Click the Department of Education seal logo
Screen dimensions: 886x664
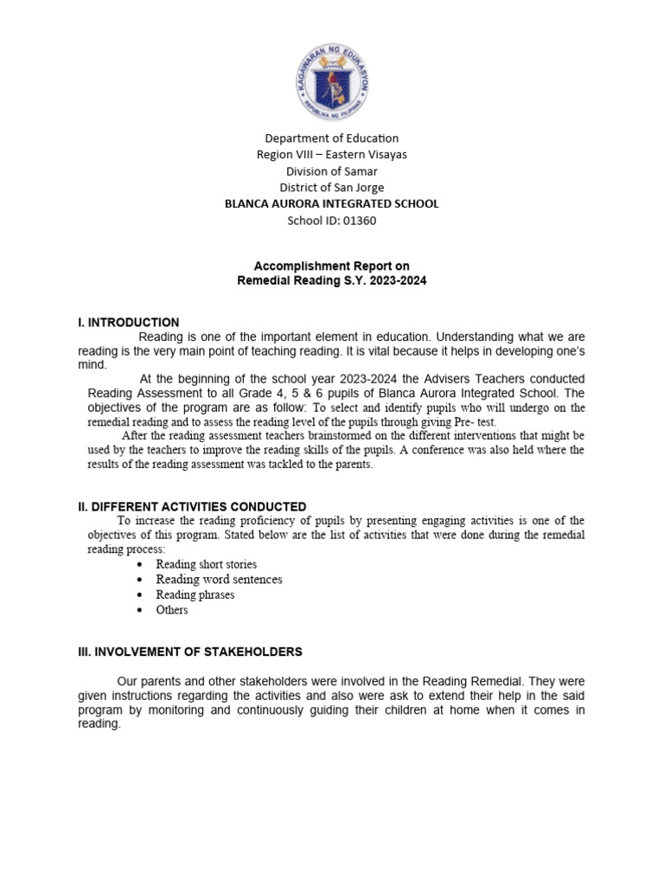pyautogui.click(x=332, y=81)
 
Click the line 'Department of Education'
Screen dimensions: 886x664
pyautogui.click(x=332, y=138)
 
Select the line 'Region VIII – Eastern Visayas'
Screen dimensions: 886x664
pyautogui.click(x=332, y=155)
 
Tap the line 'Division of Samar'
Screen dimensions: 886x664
pyautogui.click(x=332, y=171)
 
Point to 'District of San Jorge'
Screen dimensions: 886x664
pyautogui.click(x=332, y=188)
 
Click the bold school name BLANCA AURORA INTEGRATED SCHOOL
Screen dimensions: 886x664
pyautogui.click(x=332, y=204)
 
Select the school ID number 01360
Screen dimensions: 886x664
pyautogui.click(x=359, y=221)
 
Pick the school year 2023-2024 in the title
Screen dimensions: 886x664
pyautogui.click(x=397, y=282)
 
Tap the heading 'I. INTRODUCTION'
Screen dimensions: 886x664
pyautogui.click(x=129, y=323)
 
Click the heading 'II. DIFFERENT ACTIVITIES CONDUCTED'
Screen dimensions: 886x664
pyautogui.click(x=192, y=506)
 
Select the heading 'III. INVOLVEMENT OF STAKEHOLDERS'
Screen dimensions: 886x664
pyautogui.click(x=190, y=652)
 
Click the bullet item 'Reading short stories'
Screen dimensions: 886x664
pyautogui.click(x=206, y=564)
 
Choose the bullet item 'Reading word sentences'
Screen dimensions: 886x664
pyautogui.click(x=219, y=580)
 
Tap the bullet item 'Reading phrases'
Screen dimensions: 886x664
pyautogui.click(x=195, y=595)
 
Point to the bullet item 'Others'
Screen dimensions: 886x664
pyautogui.click(x=171, y=610)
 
